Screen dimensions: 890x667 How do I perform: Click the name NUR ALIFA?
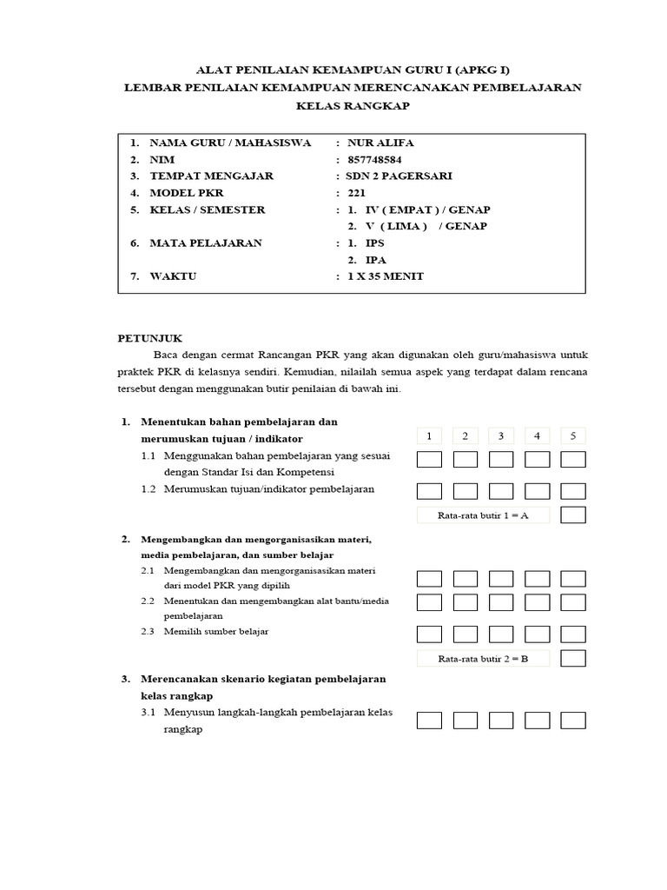380,143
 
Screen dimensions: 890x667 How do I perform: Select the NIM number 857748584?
374,159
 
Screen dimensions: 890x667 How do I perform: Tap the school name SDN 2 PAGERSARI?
394,176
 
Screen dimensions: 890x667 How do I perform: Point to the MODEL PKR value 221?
356,193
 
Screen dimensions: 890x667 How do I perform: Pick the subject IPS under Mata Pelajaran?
374,243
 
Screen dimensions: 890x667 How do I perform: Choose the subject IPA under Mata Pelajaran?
375,260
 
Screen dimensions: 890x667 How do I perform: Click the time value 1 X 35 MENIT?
386,276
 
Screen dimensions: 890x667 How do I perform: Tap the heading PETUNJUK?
150,338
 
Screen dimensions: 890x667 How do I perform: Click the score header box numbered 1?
429,435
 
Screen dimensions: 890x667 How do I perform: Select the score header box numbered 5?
573,435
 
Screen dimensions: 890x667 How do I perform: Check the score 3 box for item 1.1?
501,459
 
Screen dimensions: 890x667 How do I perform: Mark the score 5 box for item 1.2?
573,491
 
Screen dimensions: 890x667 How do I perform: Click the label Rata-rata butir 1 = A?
484,515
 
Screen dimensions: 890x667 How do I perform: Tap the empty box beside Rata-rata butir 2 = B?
573,658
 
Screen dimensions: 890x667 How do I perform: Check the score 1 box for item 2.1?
429,579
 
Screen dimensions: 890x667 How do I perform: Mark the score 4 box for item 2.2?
537,602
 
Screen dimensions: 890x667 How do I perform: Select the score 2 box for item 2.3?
466,634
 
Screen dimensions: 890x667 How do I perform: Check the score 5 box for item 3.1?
573,720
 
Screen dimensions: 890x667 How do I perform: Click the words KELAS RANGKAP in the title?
352,105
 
